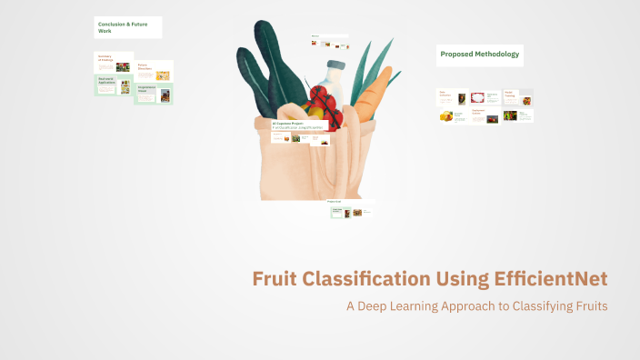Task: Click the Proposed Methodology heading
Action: coord(480,55)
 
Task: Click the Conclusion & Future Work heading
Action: coord(127,27)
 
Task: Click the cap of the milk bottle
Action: coord(336,65)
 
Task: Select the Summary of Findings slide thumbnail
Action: coord(115,63)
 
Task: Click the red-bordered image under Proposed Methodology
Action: coord(477,97)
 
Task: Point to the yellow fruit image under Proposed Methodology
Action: coord(445,116)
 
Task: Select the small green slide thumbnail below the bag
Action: coord(338,212)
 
